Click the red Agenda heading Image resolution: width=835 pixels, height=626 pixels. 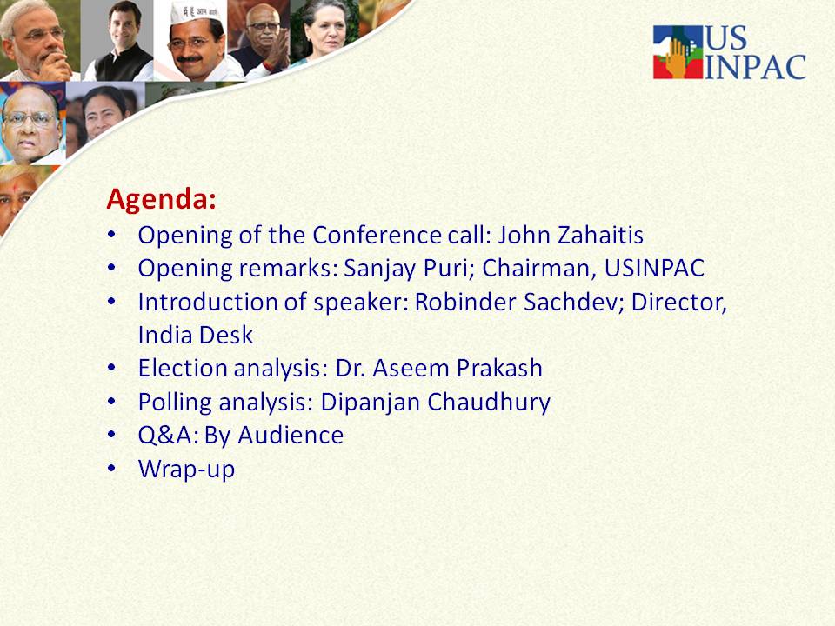click(162, 200)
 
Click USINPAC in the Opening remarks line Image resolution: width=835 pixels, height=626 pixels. click(654, 269)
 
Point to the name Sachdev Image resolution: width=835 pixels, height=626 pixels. click(573, 302)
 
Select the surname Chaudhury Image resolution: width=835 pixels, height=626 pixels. click(488, 403)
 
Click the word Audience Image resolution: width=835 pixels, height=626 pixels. click(291, 436)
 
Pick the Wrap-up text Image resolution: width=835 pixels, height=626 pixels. click(186, 469)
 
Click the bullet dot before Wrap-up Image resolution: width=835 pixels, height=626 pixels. click(111, 469)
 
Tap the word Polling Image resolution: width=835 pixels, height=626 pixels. click(175, 403)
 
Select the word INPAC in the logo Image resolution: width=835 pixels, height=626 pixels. click(755, 67)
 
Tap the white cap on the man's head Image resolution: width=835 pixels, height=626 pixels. click(196, 11)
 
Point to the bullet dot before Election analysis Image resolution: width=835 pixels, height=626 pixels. click(111, 368)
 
